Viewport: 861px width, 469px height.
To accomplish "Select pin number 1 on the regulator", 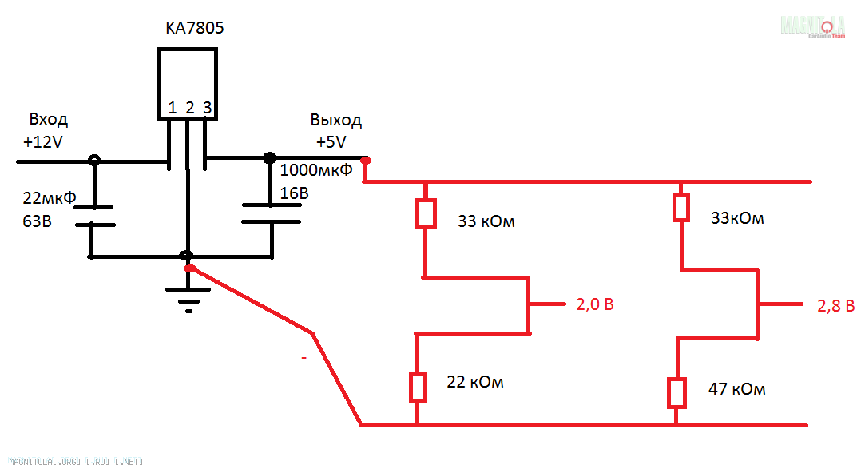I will [x=172, y=108].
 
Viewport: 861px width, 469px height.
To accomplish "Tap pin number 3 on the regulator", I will [x=207, y=108].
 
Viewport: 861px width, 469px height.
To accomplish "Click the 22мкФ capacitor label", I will [x=50, y=197].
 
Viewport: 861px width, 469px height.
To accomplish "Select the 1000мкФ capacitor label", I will [x=316, y=169].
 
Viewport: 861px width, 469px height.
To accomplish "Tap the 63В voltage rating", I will [x=38, y=221].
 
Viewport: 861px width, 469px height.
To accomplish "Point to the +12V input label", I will [x=44, y=144].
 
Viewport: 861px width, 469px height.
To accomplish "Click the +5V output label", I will [x=331, y=143].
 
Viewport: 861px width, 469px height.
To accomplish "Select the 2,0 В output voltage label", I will [x=594, y=305].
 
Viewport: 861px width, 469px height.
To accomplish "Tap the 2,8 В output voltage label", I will [x=835, y=305].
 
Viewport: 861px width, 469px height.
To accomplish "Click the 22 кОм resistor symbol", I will [x=417, y=388].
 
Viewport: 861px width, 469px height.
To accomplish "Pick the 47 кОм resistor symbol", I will [x=676, y=392].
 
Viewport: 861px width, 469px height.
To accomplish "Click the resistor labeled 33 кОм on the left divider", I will [x=425, y=213].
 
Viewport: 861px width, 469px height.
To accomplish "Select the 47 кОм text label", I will [x=736, y=390].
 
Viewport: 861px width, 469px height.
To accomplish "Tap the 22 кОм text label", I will [x=475, y=383].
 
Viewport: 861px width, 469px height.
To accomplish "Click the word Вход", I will [x=49, y=120].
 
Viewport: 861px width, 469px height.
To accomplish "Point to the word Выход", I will [x=335, y=120].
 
